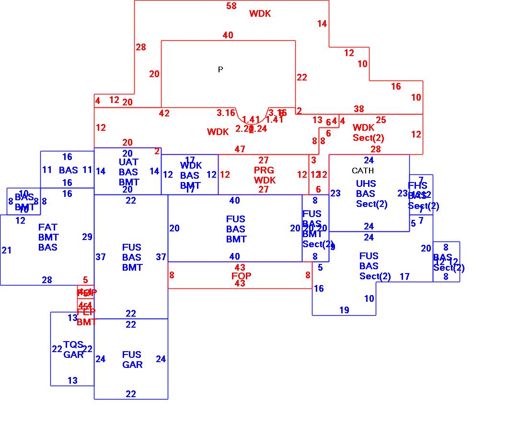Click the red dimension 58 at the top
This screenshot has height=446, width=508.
[x=231, y=6]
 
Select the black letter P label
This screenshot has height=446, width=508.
[x=220, y=69]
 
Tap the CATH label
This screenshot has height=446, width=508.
[x=363, y=171]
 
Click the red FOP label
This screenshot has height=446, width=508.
[x=241, y=275]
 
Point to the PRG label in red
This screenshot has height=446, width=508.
[x=264, y=170]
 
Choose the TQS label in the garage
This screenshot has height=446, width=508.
[x=73, y=344]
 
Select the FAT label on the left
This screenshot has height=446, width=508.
[x=48, y=227]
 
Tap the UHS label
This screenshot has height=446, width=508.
[x=366, y=183]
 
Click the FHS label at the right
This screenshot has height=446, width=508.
[x=417, y=186]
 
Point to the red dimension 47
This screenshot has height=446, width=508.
[x=240, y=149]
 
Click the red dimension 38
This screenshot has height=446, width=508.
[x=359, y=109]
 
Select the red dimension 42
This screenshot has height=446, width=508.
[x=164, y=114]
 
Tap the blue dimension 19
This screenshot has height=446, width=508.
[x=344, y=310]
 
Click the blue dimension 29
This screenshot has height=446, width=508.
[x=87, y=237]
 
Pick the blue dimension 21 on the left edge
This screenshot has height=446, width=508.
[x=7, y=250]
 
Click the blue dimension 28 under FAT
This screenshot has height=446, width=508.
[x=47, y=280]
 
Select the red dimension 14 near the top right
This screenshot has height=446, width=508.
[x=322, y=23]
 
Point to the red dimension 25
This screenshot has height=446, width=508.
[x=381, y=120]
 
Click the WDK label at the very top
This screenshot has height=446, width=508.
[x=260, y=14]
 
